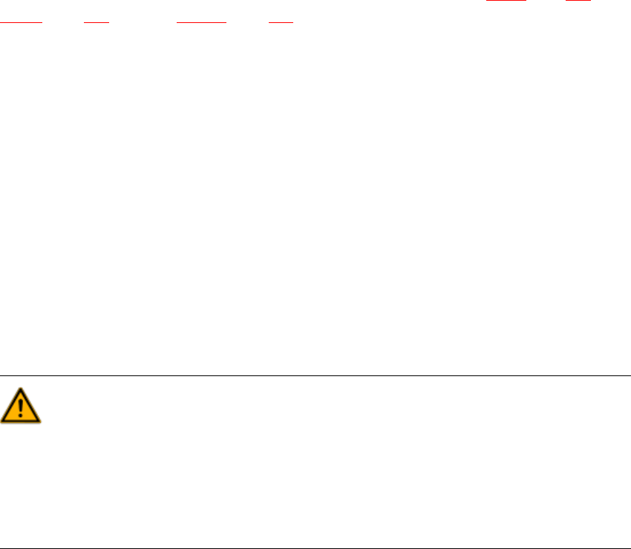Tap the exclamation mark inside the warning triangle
tap(21, 409)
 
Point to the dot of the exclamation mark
tap(21, 416)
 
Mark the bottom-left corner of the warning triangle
tap(2, 421)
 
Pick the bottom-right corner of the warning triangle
tap(40, 421)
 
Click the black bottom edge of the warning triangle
tap(21, 421)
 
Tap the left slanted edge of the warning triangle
tap(11, 407)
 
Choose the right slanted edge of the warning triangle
tap(30, 407)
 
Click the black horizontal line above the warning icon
tap(315, 375)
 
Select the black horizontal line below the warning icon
tap(315, 548)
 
